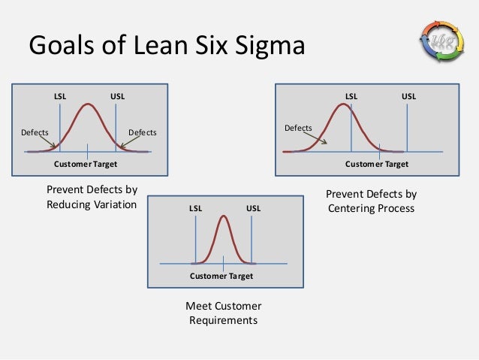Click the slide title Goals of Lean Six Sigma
(x=167, y=46)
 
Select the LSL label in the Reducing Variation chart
(x=60, y=97)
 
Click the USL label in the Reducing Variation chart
(x=117, y=97)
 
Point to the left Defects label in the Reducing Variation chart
(x=35, y=133)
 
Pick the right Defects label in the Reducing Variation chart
(x=143, y=133)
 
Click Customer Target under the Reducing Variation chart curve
(x=86, y=163)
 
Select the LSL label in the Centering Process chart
(x=351, y=97)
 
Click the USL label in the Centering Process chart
(x=408, y=97)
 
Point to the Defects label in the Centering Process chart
(x=298, y=128)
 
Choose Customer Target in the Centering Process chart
(x=377, y=163)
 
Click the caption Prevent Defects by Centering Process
(x=371, y=201)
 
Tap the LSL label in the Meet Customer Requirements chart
(x=195, y=208)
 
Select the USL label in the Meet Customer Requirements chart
(x=253, y=208)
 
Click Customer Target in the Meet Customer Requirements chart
(x=221, y=276)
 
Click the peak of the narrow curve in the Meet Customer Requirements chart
(x=224, y=216)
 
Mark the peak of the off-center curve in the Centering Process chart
(x=343, y=104)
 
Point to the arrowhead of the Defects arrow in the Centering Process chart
(x=327, y=143)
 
